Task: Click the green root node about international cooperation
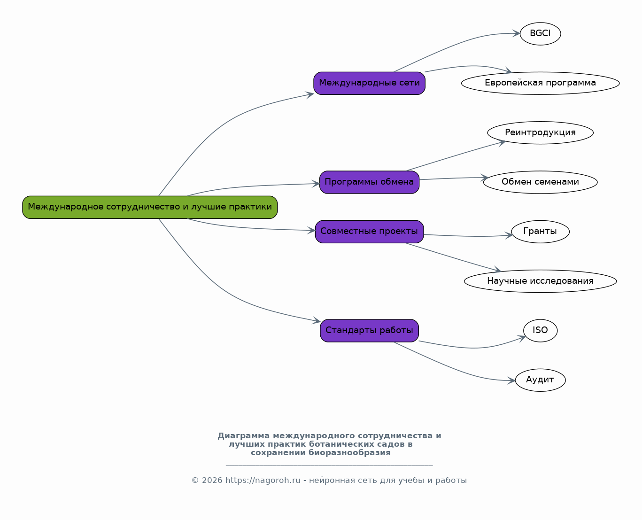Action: point(150,208)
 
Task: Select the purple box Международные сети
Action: point(369,83)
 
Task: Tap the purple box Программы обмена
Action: point(369,182)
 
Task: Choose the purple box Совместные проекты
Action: point(369,232)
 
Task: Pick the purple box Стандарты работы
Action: point(369,331)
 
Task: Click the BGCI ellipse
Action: point(540,34)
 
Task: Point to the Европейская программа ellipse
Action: point(540,83)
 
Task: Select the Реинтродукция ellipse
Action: point(540,133)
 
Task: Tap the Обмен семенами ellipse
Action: point(540,182)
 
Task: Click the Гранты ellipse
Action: point(540,232)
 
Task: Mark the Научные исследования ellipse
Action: point(540,281)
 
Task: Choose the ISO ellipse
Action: point(540,331)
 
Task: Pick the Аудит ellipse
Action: point(540,380)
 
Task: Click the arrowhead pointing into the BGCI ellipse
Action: point(516,33)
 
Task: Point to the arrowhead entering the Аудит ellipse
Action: point(511,381)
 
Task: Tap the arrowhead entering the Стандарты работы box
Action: point(317,321)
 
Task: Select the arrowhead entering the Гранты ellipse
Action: point(508,235)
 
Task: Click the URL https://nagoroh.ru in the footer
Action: point(263,480)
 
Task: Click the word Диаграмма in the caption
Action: point(244,436)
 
